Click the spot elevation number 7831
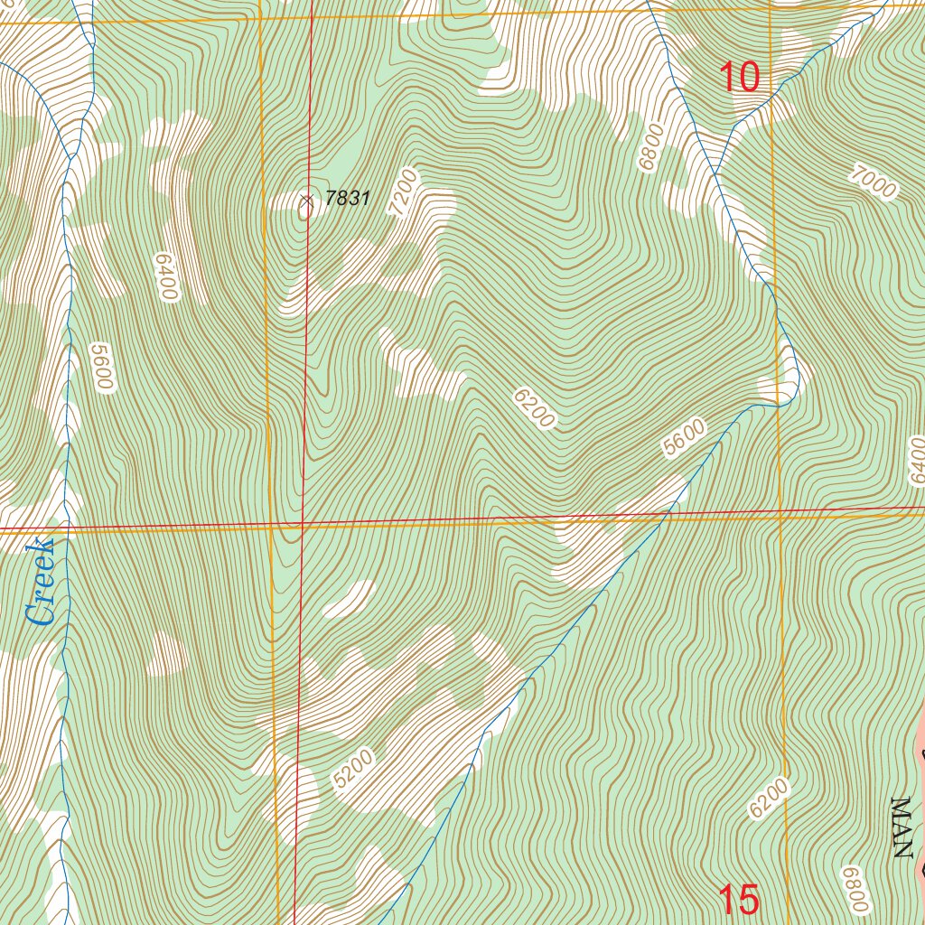pyautogui.click(x=348, y=198)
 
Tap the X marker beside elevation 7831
pyautogui.click(x=306, y=201)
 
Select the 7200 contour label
pyautogui.click(x=404, y=192)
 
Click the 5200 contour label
pyautogui.click(x=352, y=774)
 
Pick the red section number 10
pyautogui.click(x=740, y=78)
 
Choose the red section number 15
pyautogui.click(x=738, y=900)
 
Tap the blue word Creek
pyautogui.click(x=42, y=583)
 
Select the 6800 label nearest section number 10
pyautogui.click(x=650, y=147)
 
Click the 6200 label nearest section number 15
pyautogui.click(x=770, y=798)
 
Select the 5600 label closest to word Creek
pyautogui.click(x=101, y=366)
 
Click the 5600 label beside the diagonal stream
pyautogui.click(x=683, y=438)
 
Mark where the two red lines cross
pyautogui.click(x=302, y=523)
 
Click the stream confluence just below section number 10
pyautogui.click(x=715, y=173)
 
